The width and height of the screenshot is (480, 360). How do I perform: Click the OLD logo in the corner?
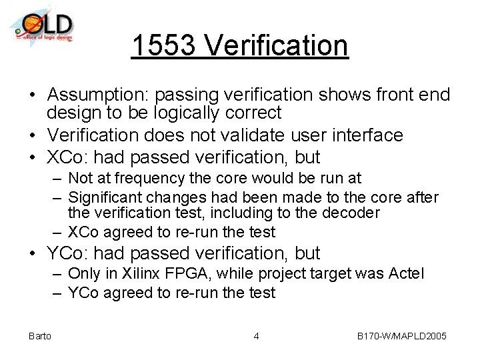pyautogui.click(x=42, y=27)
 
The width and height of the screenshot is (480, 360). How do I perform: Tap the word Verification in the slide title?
pyautogui.click(x=277, y=46)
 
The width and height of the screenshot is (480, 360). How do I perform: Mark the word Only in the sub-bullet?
pyautogui.click(x=83, y=274)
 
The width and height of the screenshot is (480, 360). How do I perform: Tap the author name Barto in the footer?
pyautogui.click(x=40, y=335)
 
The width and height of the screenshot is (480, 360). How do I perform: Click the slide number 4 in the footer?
pyautogui.click(x=256, y=335)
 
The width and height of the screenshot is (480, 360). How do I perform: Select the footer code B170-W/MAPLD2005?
pyautogui.click(x=402, y=335)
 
